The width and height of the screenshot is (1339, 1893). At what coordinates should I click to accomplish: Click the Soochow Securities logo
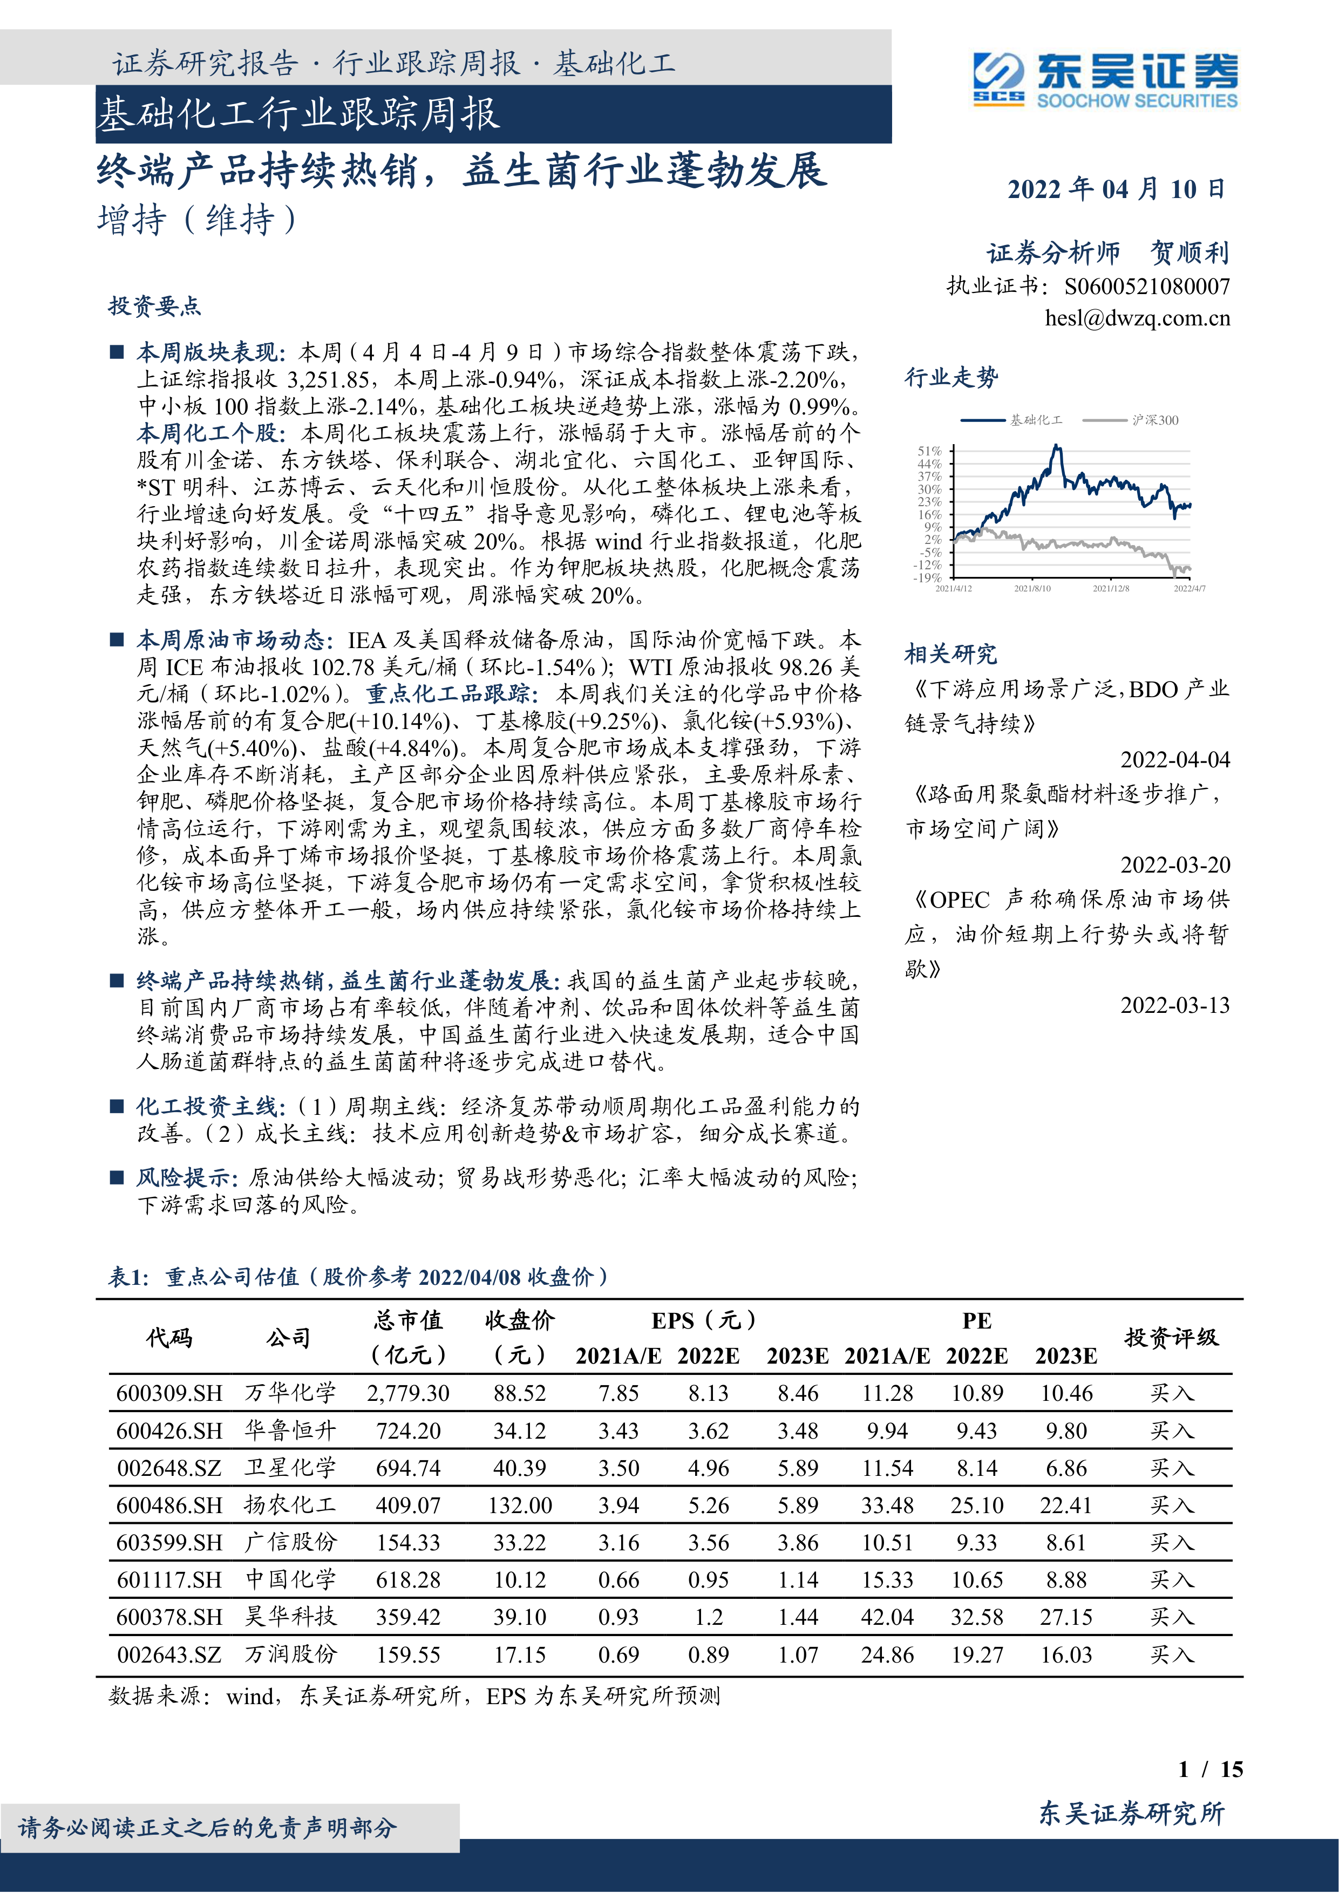1105,80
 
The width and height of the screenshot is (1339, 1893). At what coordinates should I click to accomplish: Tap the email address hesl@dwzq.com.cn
1137,318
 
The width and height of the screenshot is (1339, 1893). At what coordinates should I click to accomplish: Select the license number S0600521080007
1147,287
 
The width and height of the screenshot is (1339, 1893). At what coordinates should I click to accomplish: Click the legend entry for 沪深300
1154,420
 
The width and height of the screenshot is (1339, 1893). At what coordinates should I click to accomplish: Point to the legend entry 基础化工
1036,420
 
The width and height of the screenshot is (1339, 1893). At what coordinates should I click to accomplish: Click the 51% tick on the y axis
929,451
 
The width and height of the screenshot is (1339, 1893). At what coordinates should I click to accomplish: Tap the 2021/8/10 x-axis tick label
1032,589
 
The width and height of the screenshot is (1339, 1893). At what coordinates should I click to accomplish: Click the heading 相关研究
950,655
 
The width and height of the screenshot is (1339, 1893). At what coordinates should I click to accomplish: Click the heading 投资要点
154,307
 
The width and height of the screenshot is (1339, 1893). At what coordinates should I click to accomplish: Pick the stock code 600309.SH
169,1393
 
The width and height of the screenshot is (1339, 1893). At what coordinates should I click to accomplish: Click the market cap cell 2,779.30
408,1393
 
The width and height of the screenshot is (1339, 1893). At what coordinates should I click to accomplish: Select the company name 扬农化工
290,1506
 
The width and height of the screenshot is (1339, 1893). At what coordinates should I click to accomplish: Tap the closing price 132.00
519,1506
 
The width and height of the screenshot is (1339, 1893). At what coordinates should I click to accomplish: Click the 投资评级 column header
1171,1337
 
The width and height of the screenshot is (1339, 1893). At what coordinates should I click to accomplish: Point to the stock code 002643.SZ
169,1654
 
